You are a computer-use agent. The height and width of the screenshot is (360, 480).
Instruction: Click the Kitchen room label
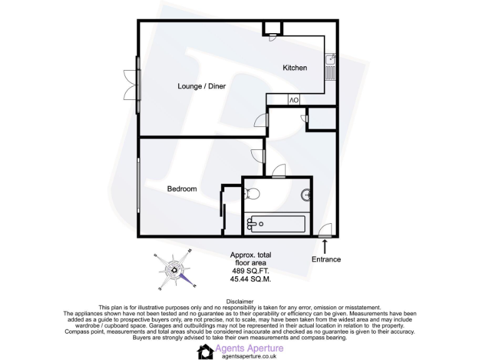295,67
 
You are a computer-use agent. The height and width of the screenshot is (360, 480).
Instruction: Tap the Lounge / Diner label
201,86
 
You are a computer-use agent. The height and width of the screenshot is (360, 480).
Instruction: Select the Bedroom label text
182,189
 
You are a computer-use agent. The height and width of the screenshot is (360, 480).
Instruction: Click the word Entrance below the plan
326,259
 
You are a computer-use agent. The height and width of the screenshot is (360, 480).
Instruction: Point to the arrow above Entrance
325,247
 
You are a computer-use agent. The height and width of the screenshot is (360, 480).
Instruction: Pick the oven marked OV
294,100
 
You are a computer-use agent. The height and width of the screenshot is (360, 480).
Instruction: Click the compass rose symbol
174,271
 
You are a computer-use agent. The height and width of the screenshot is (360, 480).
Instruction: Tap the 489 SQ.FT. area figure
251,272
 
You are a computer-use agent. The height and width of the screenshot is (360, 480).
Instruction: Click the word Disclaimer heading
240,301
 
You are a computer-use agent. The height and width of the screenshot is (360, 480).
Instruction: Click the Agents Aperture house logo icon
205,352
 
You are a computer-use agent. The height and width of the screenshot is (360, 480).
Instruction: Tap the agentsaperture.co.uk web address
248,356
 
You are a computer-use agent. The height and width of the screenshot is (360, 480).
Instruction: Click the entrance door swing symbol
324,231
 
